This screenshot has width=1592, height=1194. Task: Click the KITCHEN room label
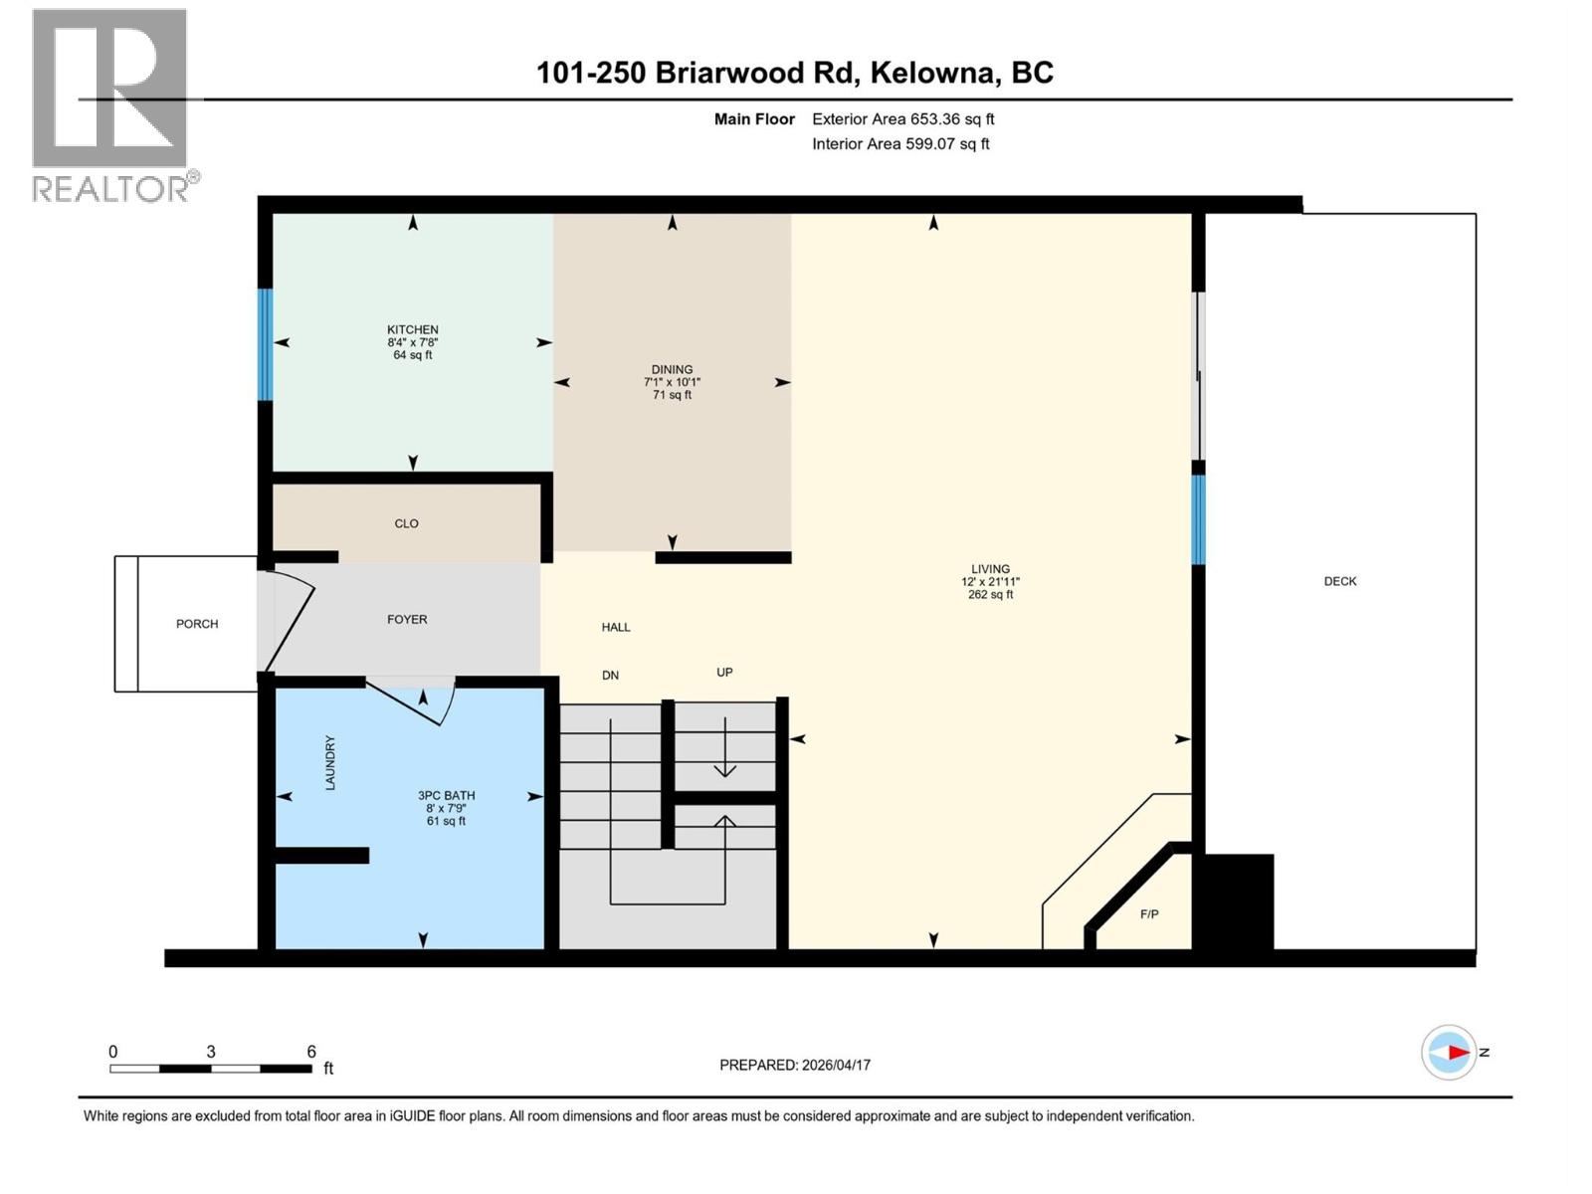(x=412, y=329)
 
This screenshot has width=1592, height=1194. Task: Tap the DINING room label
(x=672, y=369)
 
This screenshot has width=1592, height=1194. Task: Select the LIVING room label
(x=990, y=569)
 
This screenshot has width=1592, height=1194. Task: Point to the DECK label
(x=1339, y=581)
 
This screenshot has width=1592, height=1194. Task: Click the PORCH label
(x=197, y=624)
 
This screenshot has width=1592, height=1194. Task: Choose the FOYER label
(x=407, y=619)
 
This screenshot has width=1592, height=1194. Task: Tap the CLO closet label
(x=406, y=523)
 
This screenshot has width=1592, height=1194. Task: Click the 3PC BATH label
(x=446, y=795)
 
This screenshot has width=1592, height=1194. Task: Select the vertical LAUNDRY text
(x=330, y=763)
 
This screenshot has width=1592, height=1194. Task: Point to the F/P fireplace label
(x=1149, y=913)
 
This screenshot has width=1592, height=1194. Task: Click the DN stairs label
(x=610, y=675)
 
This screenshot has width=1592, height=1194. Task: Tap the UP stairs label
(x=724, y=672)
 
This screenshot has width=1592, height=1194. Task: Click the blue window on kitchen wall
(x=265, y=344)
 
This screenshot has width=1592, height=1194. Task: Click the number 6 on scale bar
(x=311, y=1052)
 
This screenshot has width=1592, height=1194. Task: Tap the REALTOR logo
(x=110, y=104)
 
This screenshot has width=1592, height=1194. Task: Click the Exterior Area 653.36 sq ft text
(x=902, y=118)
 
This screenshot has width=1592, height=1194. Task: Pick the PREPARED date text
(x=794, y=1065)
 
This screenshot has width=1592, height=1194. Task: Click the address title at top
(x=794, y=73)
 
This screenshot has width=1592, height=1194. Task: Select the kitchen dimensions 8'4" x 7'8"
(x=412, y=342)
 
